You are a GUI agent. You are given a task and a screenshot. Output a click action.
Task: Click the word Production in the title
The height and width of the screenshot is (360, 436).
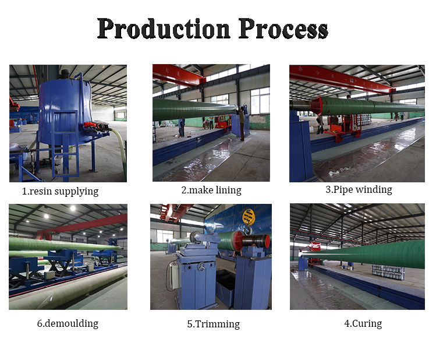tap(164, 29)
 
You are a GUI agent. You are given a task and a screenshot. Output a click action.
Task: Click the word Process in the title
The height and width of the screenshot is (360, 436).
tap(283, 29)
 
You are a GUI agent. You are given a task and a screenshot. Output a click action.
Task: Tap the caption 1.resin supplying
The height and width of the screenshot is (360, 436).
tap(60, 192)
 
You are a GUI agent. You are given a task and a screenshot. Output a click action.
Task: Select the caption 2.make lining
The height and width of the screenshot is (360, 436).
tap(211, 190)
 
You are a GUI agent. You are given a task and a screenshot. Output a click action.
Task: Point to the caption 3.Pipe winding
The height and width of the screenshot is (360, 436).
tap(359, 190)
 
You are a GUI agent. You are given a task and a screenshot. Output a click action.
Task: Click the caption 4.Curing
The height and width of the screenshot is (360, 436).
tap(363, 323)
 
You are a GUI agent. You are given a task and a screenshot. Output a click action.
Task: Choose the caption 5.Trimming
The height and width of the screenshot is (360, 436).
tap(213, 324)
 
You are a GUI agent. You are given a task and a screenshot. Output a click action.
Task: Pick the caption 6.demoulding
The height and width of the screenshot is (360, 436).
tap(68, 323)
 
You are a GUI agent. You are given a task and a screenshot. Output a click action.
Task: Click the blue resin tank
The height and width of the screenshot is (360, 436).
tap(65, 111)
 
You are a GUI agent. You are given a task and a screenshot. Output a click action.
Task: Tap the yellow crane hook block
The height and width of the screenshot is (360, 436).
tap(249, 217)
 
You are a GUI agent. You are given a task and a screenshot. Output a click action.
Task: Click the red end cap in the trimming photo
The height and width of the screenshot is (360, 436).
tap(237, 241)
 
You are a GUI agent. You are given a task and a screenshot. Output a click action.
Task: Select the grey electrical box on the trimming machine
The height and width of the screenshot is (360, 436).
tap(174, 276)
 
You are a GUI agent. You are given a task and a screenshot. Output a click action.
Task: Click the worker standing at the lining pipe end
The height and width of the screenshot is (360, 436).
tap(242, 124)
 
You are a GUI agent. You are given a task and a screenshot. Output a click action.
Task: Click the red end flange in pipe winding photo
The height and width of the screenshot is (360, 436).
tap(317, 105)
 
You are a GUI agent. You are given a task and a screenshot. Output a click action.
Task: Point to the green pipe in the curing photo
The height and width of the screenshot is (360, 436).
tap(364, 254)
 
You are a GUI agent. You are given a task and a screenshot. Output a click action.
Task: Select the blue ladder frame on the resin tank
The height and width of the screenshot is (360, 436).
tap(65, 144)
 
